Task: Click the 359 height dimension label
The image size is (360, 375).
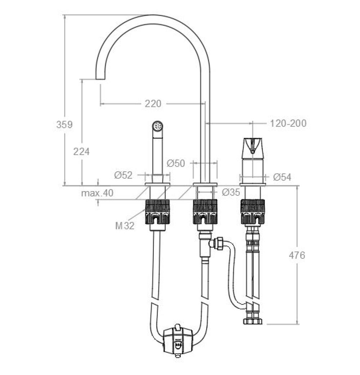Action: pos(64,125)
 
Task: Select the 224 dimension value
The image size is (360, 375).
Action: pos(81,152)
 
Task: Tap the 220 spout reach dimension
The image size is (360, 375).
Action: pos(153,104)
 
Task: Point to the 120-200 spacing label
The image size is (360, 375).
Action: pos(288,123)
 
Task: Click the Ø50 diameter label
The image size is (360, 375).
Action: pos(176,164)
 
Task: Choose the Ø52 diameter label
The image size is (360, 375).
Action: pos(123,175)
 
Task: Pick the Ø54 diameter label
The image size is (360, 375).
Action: pos(282,177)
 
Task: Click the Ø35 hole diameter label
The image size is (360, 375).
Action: pos(231,192)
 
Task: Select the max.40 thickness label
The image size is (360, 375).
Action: pos(97,193)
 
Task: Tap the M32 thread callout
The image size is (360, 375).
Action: pos(125,226)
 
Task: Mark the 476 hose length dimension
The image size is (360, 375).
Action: pos(297,256)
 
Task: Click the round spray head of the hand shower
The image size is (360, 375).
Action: pos(158,126)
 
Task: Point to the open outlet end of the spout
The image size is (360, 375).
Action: pos(100,79)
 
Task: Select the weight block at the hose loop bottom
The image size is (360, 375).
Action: pos(178,341)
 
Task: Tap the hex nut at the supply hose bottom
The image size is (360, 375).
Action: pos(253,321)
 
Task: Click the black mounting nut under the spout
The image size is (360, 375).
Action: pos(205,212)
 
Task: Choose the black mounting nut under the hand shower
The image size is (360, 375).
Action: pos(158,212)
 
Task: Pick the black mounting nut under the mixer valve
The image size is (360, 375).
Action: pos(253,212)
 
